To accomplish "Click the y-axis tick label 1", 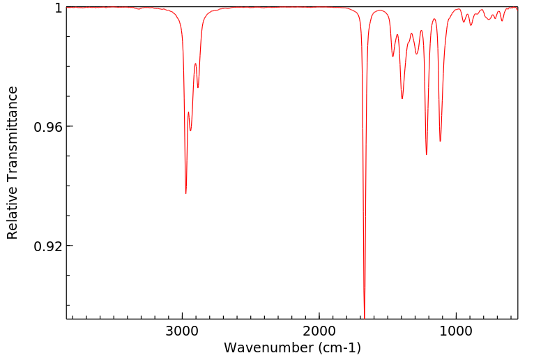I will [58, 8].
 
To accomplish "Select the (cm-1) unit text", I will [337, 347].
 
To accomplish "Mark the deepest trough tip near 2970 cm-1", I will [186, 193].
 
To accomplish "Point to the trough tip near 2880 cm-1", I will [198, 88].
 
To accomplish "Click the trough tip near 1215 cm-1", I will [427, 154].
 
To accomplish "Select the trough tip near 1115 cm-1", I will [440, 141].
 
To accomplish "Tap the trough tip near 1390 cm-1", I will [402, 98].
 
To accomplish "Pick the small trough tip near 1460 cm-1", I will [393, 57].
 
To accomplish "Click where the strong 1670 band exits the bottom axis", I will [365, 317].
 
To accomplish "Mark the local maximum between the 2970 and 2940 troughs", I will [188, 112].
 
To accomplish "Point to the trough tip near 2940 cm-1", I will [190, 130].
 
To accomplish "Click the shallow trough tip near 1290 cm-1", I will [416, 54].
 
